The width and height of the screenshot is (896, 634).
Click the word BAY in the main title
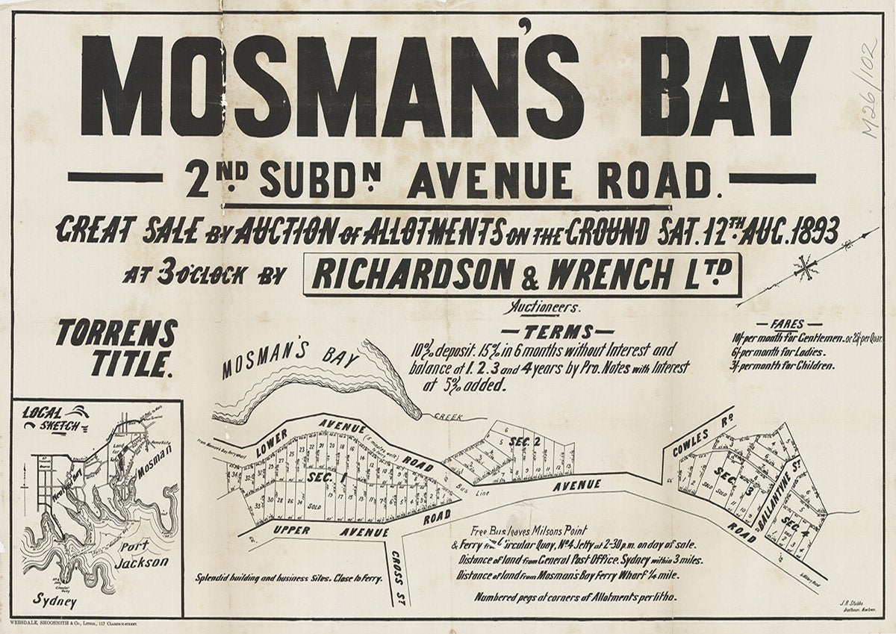click(x=724, y=86)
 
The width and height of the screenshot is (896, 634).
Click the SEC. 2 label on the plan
click(x=524, y=442)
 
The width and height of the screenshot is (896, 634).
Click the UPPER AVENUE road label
click(x=332, y=531)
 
